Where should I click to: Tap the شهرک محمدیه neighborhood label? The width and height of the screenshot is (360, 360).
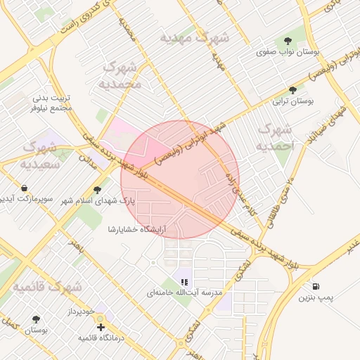pos(122,75)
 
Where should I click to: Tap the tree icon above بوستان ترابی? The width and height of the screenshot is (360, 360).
pos(293,90)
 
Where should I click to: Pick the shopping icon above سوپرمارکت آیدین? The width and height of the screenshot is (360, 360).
pos(25,188)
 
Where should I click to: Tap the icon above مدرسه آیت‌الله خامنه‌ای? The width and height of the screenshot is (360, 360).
pos(184,281)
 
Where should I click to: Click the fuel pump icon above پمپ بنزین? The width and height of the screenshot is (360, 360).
pos(314,286)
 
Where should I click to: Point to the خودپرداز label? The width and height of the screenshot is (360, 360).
pos(81,311)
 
